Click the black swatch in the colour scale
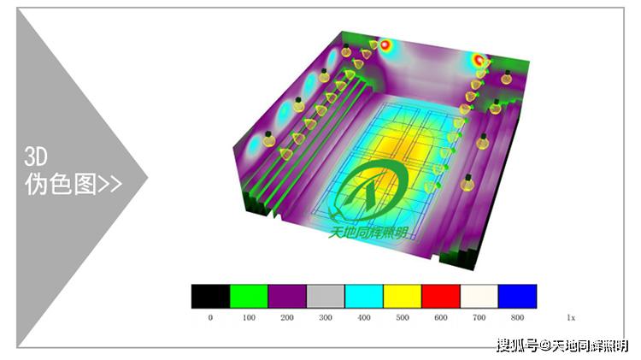210,296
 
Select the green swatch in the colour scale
249,296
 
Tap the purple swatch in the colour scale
287,296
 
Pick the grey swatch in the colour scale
326,296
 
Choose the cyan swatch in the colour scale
364,296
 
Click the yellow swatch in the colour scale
403,296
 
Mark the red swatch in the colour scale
441,296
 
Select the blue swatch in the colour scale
518,296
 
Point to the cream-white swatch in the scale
479,296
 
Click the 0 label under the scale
210,317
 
